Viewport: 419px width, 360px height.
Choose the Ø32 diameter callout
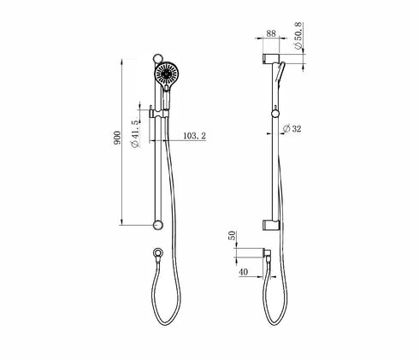click(x=294, y=129)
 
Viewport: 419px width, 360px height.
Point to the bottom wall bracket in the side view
click(x=270, y=225)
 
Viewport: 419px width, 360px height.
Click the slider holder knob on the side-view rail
click(x=274, y=111)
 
